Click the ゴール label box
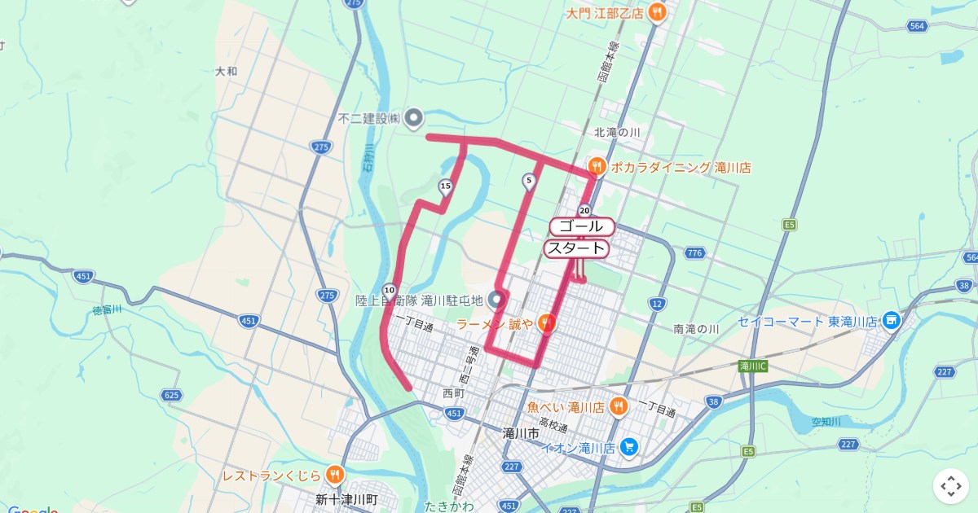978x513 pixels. tap(581, 226)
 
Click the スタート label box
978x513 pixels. tap(577, 248)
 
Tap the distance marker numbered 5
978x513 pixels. tap(529, 181)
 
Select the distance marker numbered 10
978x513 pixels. tap(390, 290)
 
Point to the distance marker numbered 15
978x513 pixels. tap(445, 187)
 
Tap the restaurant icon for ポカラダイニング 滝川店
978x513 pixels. tap(597, 168)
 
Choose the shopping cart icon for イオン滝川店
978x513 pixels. tap(628, 447)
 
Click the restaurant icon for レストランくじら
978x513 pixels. tap(334, 475)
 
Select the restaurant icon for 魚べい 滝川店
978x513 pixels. tap(619, 406)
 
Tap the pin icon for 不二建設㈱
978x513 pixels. tap(414, 119)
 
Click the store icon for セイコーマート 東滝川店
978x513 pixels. tap(891, 320)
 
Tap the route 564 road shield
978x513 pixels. tap(917, 26)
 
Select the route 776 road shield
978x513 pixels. tap(694, 253)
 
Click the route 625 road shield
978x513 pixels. tap(171, 395)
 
